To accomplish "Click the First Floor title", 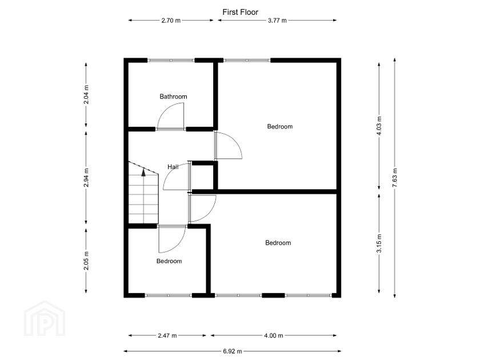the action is point(241,12).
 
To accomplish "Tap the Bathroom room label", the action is point(173,97).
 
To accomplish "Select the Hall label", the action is point(173,167).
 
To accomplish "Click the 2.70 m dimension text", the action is point(171,21).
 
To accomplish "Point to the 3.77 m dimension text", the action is point(277,21).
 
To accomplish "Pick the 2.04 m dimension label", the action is point(86,95).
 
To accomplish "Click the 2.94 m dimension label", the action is point(86,178).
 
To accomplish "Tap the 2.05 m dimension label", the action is point(86,261).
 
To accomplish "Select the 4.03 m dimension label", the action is point(379,126).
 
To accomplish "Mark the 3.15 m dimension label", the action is point(379,243).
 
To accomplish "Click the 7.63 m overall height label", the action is point(395,178).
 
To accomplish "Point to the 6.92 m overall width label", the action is point(233,351).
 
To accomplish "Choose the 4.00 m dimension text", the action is point(274,335).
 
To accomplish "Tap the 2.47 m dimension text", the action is point(167,335).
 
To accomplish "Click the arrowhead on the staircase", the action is point(143,173).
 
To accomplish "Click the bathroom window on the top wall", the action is point(171,61).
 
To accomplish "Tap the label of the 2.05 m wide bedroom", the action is point(169,261).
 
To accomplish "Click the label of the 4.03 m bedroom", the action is point(280,126).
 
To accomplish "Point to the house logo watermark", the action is point(45,319).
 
